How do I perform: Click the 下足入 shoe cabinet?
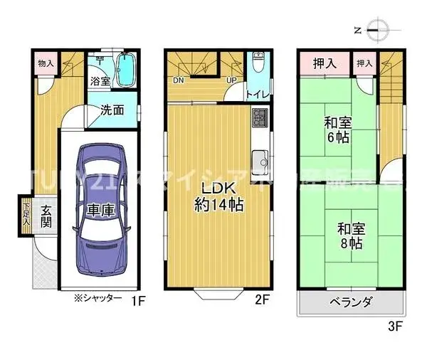pos(26,213)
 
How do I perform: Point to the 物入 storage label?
pos(45,63)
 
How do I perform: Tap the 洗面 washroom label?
pos(112,110)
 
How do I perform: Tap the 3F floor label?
pos(396,327)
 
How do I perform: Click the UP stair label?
pos(231,80)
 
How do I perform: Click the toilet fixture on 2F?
pos(257,66)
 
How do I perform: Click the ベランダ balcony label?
pos(350,302)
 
